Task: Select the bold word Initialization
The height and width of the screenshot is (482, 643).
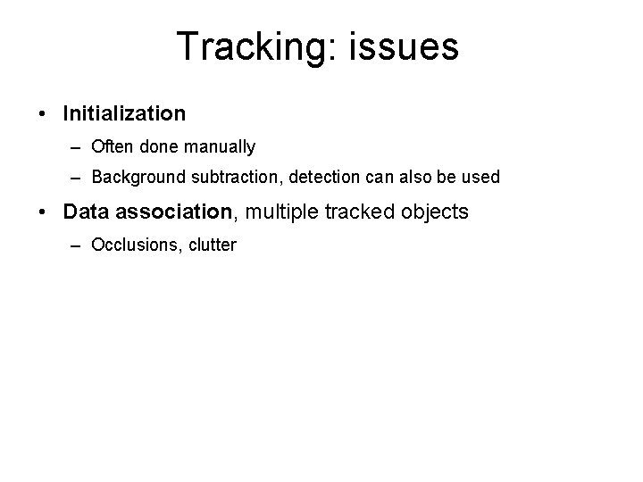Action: [124, 113]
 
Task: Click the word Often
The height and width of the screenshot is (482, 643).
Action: [113, 146]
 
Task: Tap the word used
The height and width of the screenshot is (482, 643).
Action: [481, 178]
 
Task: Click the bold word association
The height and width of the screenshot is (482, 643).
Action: [174, 212]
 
